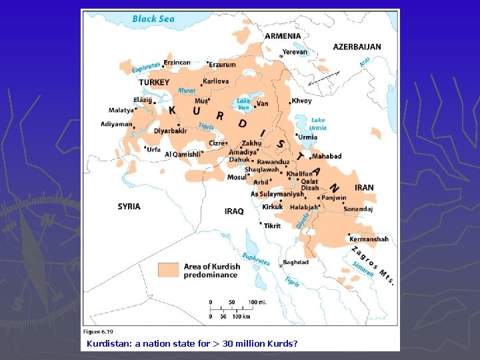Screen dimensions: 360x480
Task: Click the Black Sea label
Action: [153, 19]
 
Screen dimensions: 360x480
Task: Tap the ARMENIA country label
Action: [283, 36]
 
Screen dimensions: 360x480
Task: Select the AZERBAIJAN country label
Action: [357, 47]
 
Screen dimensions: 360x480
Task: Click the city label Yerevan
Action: [295, 52]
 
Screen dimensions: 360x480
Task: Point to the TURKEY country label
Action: [154, 82]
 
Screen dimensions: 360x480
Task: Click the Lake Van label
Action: [244, 104]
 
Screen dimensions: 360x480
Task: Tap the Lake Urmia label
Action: [318, 124]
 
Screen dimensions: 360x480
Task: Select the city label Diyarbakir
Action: [170, 131]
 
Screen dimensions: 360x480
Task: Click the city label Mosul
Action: [237, 177]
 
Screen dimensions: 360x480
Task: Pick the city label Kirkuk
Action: [273, 207]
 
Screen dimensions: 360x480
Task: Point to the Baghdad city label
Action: [295, 262]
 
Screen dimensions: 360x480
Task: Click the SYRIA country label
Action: [129, 207]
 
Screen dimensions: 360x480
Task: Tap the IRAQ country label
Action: [234, 211]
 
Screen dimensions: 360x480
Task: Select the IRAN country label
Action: [364, 188]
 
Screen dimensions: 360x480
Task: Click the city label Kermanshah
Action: [369, 239]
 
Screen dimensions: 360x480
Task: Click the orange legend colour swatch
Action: [168, 269]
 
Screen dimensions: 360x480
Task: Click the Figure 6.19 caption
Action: [98, 331]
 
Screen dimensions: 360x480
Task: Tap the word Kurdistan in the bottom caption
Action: [108, 344]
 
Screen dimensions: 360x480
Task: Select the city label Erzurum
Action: [222, 65]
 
